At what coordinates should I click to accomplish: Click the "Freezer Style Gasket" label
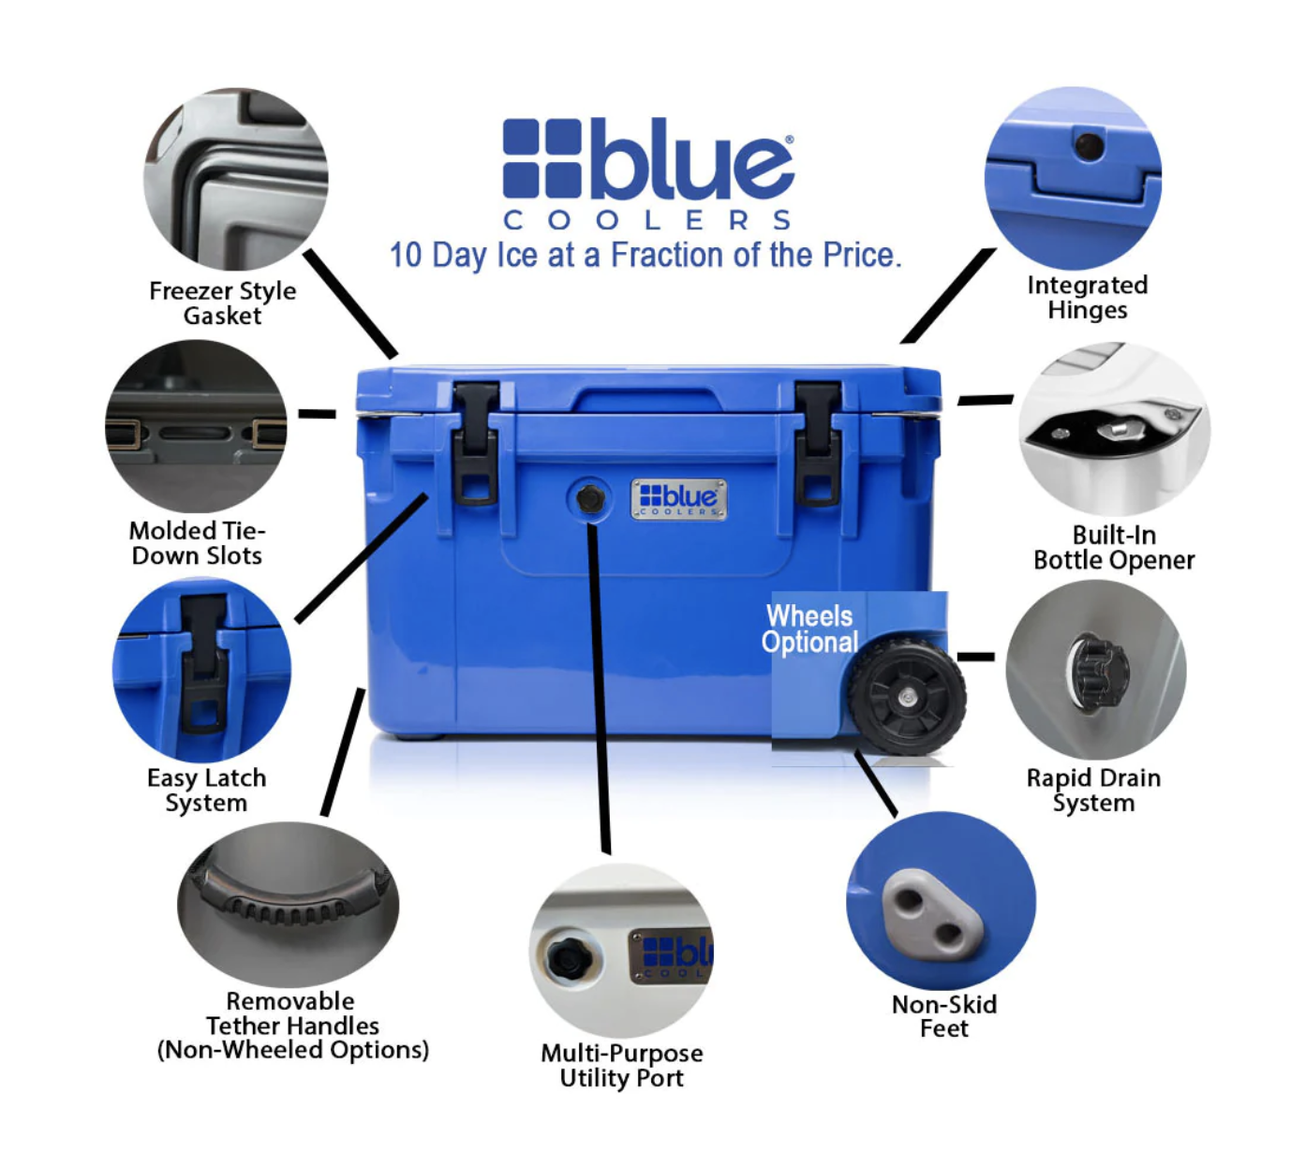[222, 303]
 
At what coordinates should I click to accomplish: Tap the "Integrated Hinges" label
[1087, 298]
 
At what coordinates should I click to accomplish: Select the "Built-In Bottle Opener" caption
[1113, 548]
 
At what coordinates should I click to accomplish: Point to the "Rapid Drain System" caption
[1093, 790]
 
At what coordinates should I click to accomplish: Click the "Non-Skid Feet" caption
[943, 1016]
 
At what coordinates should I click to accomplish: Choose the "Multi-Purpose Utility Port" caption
[621, 1066]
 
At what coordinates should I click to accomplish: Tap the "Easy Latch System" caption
[206, 790]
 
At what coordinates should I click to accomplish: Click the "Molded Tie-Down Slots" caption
[197, 543]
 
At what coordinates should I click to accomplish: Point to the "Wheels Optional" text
[809, 628]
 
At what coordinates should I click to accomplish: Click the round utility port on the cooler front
[590, 499]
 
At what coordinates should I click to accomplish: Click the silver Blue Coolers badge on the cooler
[679, 499]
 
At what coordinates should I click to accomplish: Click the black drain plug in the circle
[1099, 669]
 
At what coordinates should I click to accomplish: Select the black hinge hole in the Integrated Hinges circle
[1089, 146]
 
